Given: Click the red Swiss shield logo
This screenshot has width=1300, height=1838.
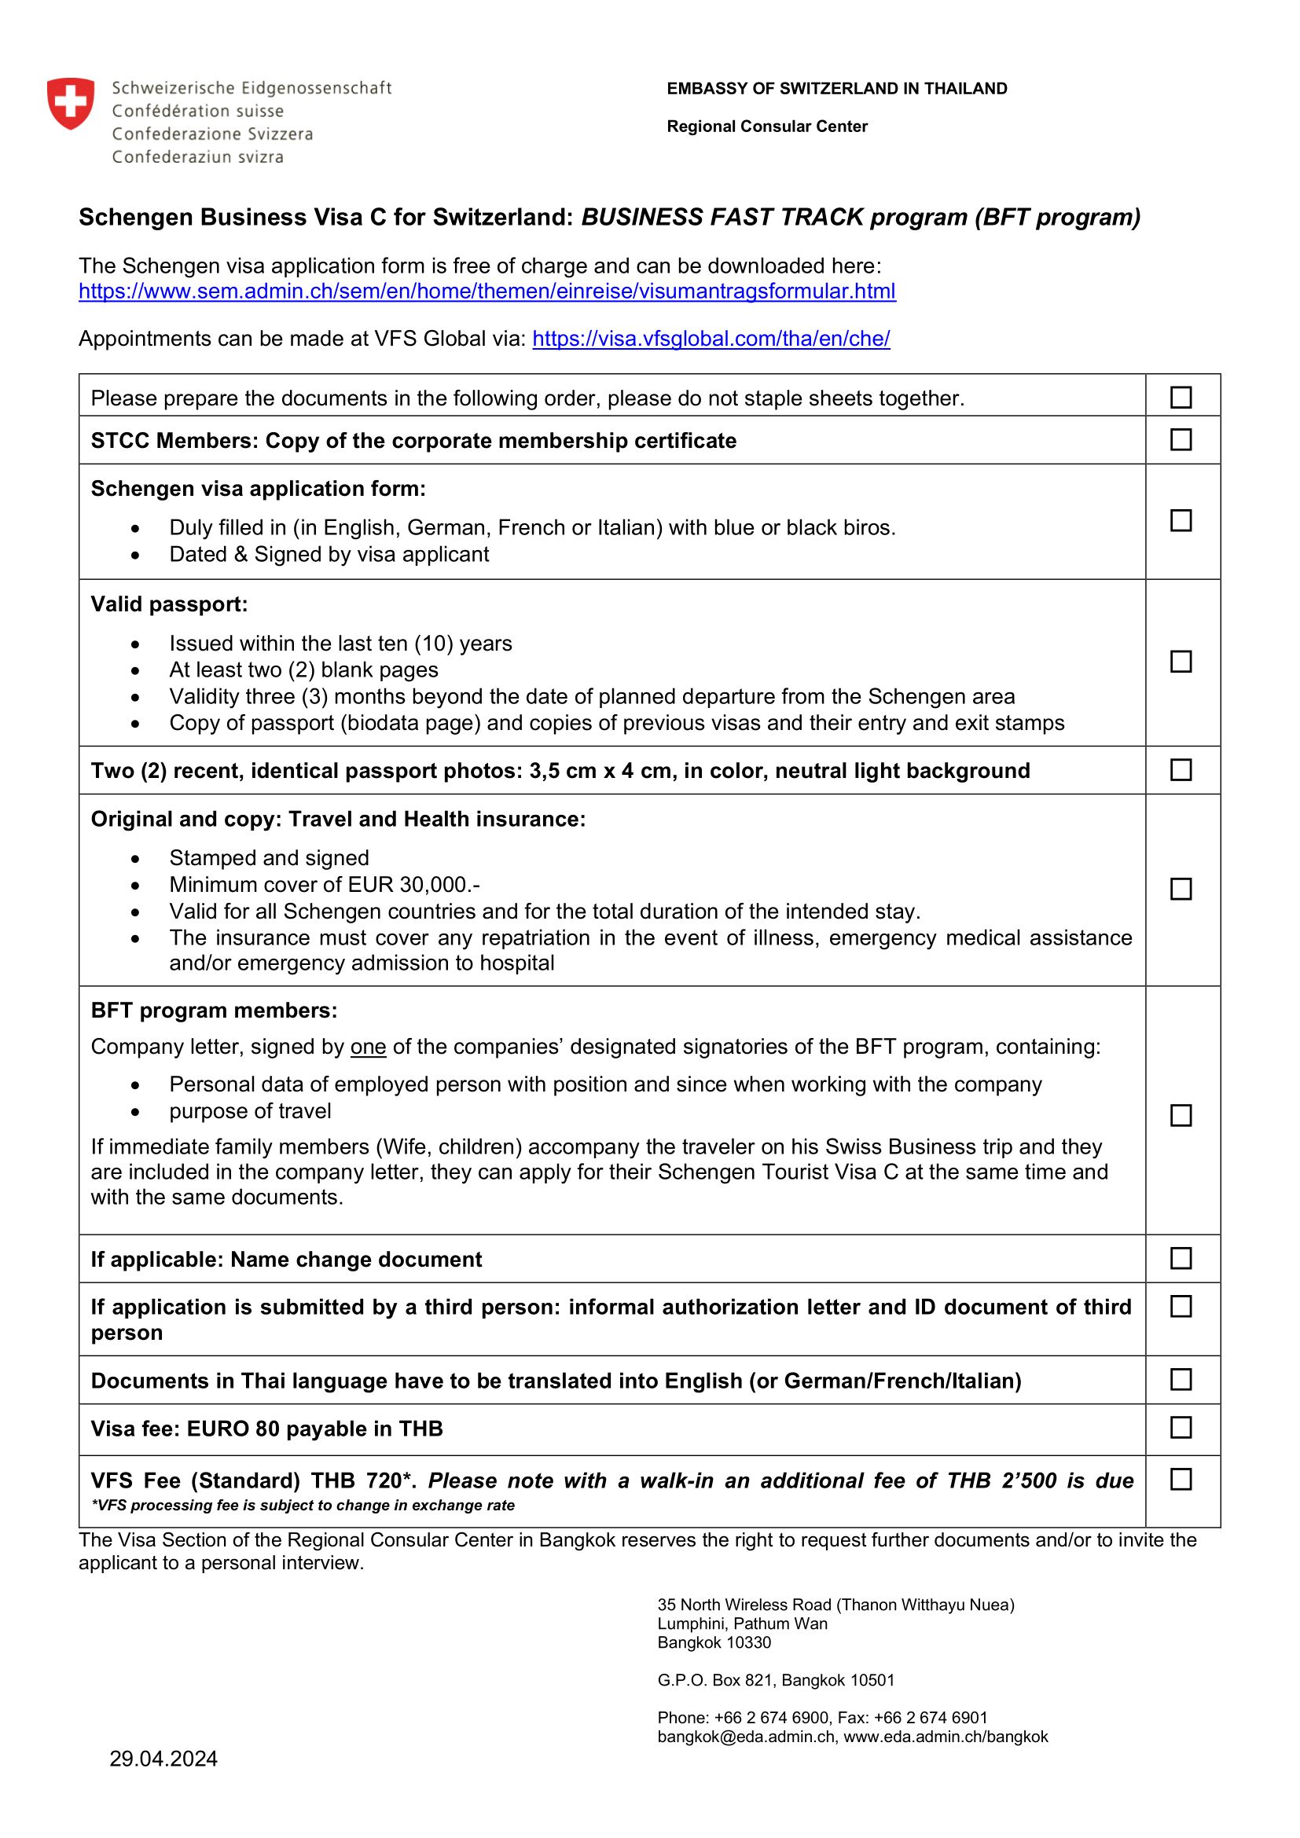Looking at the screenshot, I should click(x=71, y=103).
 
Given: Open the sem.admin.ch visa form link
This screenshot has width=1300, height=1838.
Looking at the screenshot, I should click(x=487, y=292).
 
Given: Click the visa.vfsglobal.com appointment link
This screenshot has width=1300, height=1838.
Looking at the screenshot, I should click(x=711, y=339).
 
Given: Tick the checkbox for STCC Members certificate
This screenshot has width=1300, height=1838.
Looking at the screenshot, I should click(x=1181, y=439).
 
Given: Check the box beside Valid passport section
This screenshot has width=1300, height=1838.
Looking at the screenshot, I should click(x=1181, y=661).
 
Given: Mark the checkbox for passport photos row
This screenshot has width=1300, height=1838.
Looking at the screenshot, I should click(x=1181, y=769).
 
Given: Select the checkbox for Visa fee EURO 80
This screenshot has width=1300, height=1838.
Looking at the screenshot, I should click(x=1181, y=1427).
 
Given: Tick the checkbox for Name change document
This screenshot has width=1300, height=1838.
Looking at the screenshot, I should click(x=1181, y=1258).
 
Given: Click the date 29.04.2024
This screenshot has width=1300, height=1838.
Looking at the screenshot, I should click(x=163, y=1759).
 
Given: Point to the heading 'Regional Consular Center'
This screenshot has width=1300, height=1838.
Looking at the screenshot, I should click(x=767, y=127).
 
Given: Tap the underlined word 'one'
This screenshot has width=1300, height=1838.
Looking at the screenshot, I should click(x=368, y=1047).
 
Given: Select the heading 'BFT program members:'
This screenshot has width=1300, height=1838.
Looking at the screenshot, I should click(x=214, y=1011).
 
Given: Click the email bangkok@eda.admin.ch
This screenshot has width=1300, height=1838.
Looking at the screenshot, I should click(x=745, y=1737).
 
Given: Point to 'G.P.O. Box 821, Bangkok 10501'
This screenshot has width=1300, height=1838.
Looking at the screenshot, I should click(x=776, y=1680).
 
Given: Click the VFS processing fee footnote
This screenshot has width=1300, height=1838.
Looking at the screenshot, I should click(x=303, y=1505).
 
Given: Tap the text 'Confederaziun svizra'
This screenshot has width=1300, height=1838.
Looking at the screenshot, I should click(x=198, y=157).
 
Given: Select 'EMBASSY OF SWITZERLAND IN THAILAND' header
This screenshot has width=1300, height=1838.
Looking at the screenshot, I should click(x=836, y=89).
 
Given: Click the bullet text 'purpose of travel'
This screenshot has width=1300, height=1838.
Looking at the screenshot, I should click(x=250, y=1111).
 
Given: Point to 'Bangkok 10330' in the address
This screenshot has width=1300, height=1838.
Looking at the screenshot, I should click(x=714, y=1642).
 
